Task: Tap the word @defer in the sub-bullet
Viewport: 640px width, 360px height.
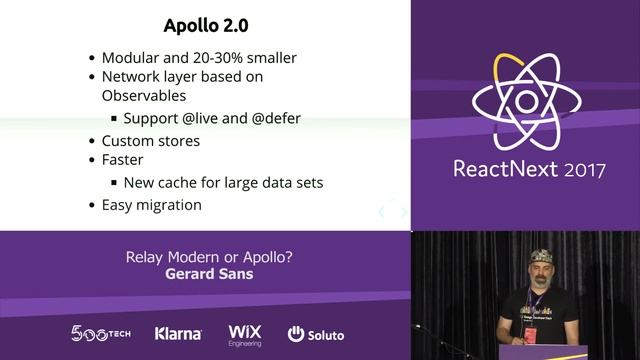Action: click(269, 118)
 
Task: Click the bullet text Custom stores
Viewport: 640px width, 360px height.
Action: click(151, 140)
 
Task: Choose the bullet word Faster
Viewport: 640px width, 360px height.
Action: click(122, 161)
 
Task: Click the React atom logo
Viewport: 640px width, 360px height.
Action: click(524, 101)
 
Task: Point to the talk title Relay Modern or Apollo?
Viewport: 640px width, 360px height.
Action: click(208, 256)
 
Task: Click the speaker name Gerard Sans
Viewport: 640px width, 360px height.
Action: click(208, 273)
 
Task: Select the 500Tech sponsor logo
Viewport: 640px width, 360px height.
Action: click(99, 333)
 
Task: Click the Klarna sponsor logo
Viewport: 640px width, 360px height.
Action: click(178, 334)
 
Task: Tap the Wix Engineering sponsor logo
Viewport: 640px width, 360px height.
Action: click(245, 334)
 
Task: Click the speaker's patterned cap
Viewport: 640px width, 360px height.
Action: click(542, 256)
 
